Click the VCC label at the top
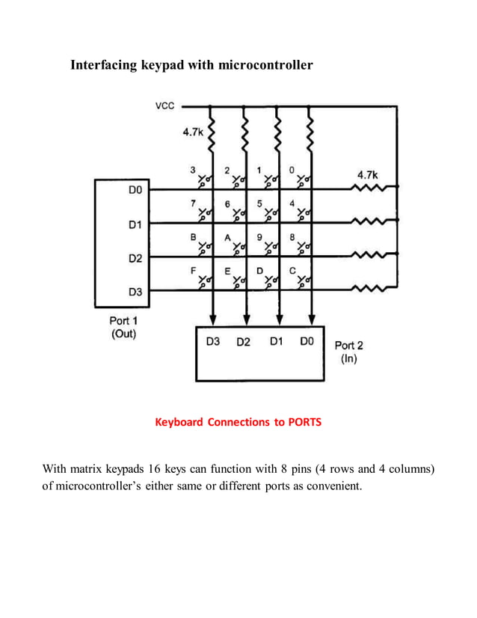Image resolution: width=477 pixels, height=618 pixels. click(x=164, y=106)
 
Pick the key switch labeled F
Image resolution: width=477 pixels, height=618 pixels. click(x=203, y=282)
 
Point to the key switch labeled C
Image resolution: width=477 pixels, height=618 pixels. click(x=303, y=282)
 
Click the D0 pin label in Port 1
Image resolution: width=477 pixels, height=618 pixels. click(x=135, y=192)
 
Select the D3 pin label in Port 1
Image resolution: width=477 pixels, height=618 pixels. click(x=135, y=291)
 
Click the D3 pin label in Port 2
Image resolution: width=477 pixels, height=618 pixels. click(x=213, y=342)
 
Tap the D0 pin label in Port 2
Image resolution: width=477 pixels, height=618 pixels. click(x=307, y=342)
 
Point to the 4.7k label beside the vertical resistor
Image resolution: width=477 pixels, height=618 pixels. click(x=193, y=132)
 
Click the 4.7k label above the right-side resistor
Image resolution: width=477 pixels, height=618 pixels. click(x=368, y=174)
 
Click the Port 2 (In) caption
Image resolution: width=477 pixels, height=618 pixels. click(x=348, y=352)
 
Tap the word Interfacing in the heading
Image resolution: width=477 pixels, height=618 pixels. click(x=103, y=65)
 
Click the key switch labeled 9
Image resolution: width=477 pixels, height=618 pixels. click(x=270, y=247)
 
